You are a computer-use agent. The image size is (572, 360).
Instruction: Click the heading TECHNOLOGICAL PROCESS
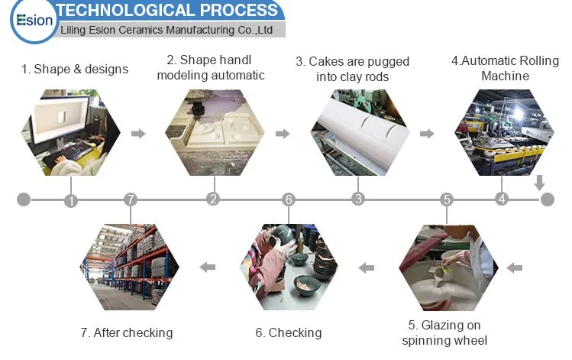(x=168, y=10)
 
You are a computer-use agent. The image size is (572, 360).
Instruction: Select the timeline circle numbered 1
(x=71, y=200)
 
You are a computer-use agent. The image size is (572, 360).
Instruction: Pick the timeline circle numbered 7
(x=131, y=199)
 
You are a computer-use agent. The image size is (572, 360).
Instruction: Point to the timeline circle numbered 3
(x=357, y=199)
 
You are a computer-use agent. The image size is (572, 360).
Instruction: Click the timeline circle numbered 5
(x=447, y=199)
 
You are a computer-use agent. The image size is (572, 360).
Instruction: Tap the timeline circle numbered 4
(x=501, y=199)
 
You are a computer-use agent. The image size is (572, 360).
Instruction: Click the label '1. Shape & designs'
(x=75, y=69)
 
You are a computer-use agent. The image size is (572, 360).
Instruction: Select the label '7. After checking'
(x=127, y=332)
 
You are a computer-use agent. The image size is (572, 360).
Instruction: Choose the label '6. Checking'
(x=288, y=332)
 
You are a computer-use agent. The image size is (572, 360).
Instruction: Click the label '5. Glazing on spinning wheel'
(x=444, y=333)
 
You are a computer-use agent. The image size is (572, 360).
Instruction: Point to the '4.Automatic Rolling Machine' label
(x=505, y=68)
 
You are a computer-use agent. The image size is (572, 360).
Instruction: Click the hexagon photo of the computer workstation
(x=70, y=133)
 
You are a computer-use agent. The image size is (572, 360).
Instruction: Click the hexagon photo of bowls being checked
(x=288, y=267)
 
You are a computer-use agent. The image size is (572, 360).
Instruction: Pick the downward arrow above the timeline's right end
(x=539, y=183)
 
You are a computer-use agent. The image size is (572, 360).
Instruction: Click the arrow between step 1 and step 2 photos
(x=138, y=134)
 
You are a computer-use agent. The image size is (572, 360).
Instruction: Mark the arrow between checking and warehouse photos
(x=207, y=268)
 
